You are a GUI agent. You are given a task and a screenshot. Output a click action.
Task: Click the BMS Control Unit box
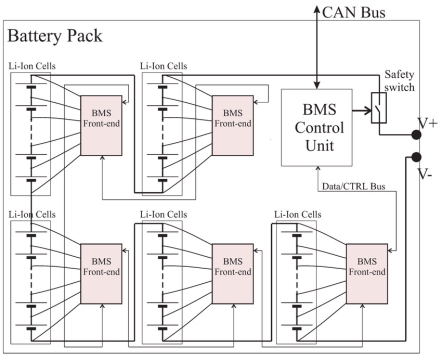(x=316, y=127)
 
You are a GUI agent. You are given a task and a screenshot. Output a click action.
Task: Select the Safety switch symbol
(x=378, y=108)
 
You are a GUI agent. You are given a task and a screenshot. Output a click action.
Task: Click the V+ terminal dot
(x=415, y=135)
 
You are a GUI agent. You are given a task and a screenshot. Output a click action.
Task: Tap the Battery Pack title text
(x=55, y=36)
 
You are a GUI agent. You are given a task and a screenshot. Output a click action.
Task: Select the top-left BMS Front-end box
(x=101, y=125)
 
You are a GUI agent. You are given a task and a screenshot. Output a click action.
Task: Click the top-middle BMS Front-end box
(x=232, y=125)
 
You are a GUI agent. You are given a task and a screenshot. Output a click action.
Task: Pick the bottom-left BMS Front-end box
(x=101, y=273)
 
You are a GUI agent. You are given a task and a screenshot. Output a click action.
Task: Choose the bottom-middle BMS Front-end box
(x=232, y=273)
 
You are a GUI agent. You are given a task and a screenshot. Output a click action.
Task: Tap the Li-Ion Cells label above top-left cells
(x=32, y=66)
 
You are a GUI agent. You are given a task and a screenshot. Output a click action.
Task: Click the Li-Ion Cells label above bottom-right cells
(x=298, y=214)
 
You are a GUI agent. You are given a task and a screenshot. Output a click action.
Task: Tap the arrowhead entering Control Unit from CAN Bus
(x=316, y=85)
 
